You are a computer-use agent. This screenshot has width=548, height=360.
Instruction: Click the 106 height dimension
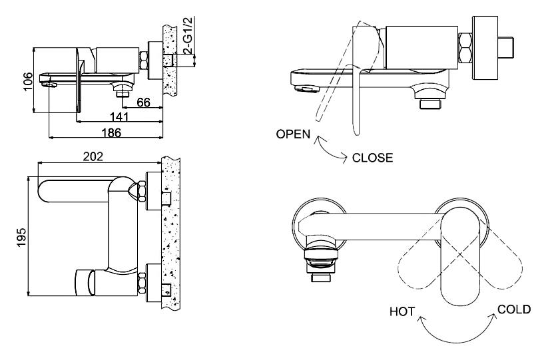(x=28, y=81)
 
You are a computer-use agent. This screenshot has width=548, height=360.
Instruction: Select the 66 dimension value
(x=143, y=102)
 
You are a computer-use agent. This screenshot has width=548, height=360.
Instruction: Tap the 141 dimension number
(x=119, y=116)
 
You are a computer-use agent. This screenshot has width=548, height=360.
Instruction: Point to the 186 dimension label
(x=111, y=132)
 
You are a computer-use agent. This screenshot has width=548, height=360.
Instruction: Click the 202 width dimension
(x=93, y=156)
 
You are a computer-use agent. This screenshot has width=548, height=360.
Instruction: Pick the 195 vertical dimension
(x=22, y=238)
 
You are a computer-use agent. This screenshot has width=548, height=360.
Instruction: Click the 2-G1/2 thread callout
(x=188, y=35)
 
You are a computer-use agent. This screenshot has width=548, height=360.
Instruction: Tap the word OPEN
(x=293, y=134)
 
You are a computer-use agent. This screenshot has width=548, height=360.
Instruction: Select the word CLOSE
(x=372, y=158)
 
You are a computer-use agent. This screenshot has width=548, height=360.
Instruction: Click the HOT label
(x=402, y=311)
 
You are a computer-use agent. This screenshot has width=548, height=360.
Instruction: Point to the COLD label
(x=514, y=309)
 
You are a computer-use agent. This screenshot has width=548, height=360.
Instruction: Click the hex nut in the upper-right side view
(x=465, y=48)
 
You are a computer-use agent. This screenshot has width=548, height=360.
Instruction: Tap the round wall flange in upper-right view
(x=485, y=48)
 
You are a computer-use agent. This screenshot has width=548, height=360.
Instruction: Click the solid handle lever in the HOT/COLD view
(x=460, y=256)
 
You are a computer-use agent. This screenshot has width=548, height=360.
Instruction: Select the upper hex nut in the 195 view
(x=142, y=191)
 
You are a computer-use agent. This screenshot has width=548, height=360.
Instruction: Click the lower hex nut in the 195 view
(x=142, y=283)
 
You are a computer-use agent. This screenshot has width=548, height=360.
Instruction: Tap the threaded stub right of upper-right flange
(x=507, y=47)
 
